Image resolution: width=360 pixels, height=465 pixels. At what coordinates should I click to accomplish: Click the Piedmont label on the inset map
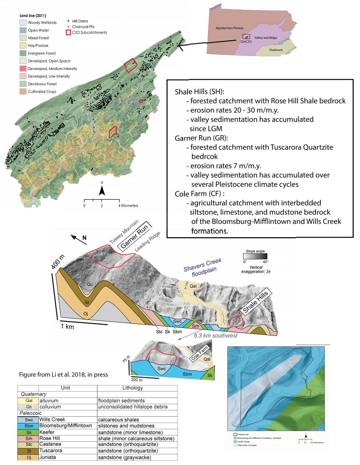(x=276, y=50)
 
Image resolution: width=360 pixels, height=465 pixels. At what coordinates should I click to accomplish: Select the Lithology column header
(x=132, y=387)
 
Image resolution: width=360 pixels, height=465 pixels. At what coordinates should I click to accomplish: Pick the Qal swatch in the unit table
(x=28, y=400)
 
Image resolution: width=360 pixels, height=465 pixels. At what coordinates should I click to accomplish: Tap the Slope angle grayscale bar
(x=256, y=256)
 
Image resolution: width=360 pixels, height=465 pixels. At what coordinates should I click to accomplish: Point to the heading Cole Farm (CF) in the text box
(x=197, y=194)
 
